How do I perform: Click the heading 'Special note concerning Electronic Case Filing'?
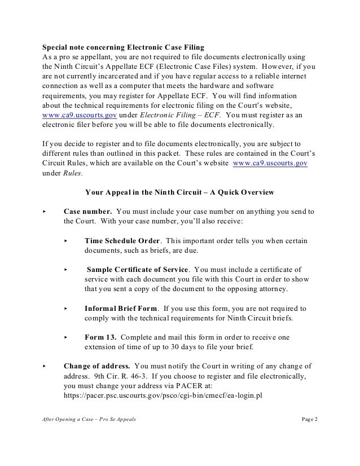tap(124, 46)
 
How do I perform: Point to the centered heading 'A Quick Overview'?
tap(240, 192)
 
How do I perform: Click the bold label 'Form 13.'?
tap(100, 337)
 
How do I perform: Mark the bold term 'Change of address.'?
tap(97, 366)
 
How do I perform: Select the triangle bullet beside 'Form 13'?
tap(66, 337)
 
